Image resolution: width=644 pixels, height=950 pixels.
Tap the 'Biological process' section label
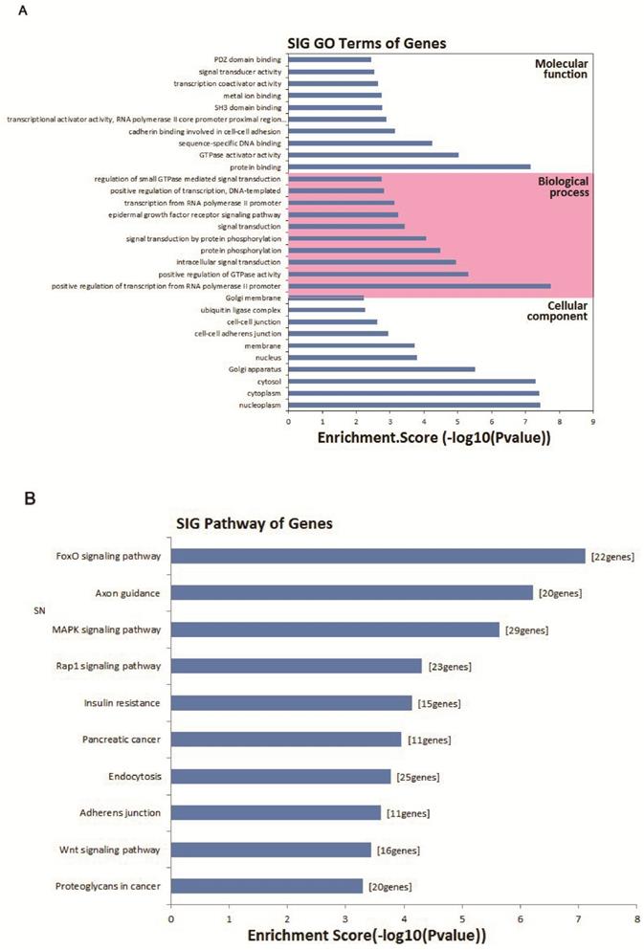click(x=562, y=186)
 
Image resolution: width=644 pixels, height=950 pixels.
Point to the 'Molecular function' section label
click(x=562, y=67)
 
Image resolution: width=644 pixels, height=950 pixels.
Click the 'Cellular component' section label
click(x=562, y=310)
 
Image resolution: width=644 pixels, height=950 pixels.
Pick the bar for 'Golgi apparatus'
click(x=382, y=368)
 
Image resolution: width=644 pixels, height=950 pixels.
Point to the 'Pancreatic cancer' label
click(x=122, y=740)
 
